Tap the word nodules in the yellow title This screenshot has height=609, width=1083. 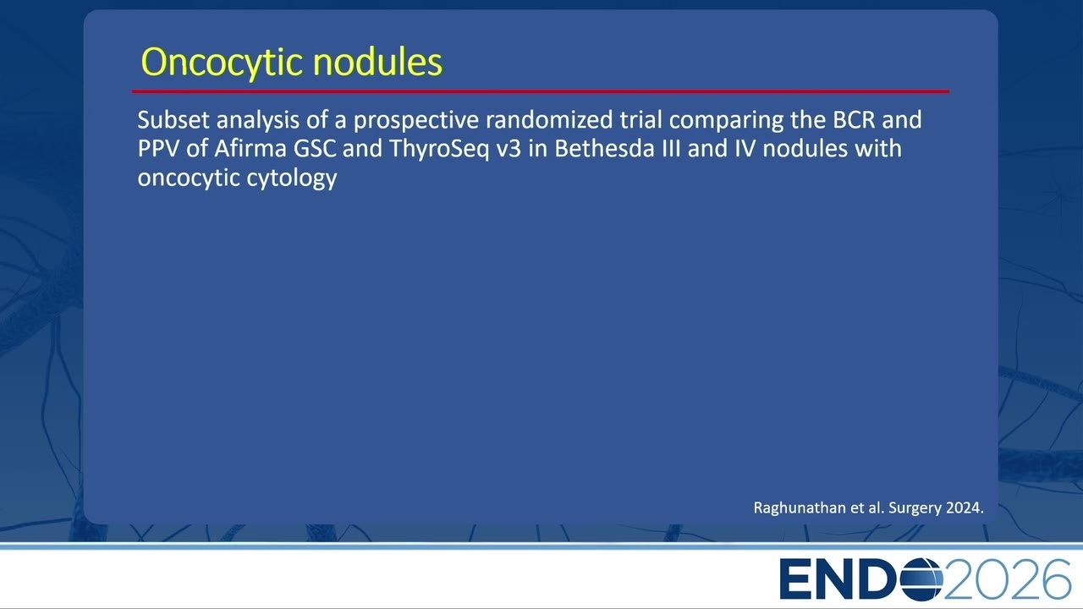pos(377,62)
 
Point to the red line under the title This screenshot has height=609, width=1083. pos(541,91)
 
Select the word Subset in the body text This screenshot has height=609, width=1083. pos(173,120)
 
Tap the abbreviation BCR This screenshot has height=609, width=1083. pos(854,120)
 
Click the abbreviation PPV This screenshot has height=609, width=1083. pos(158,148)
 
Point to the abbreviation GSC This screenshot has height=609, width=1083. pos(315,148)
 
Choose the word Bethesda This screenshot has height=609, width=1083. pos(604,148)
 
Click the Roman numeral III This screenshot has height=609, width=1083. pos(671,148)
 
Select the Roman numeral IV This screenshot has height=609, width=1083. pos(745,148)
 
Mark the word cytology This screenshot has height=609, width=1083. pos(292,178)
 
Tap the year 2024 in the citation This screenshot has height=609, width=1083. pos(965,508)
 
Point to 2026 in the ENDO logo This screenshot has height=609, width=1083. pos(1007,579)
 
